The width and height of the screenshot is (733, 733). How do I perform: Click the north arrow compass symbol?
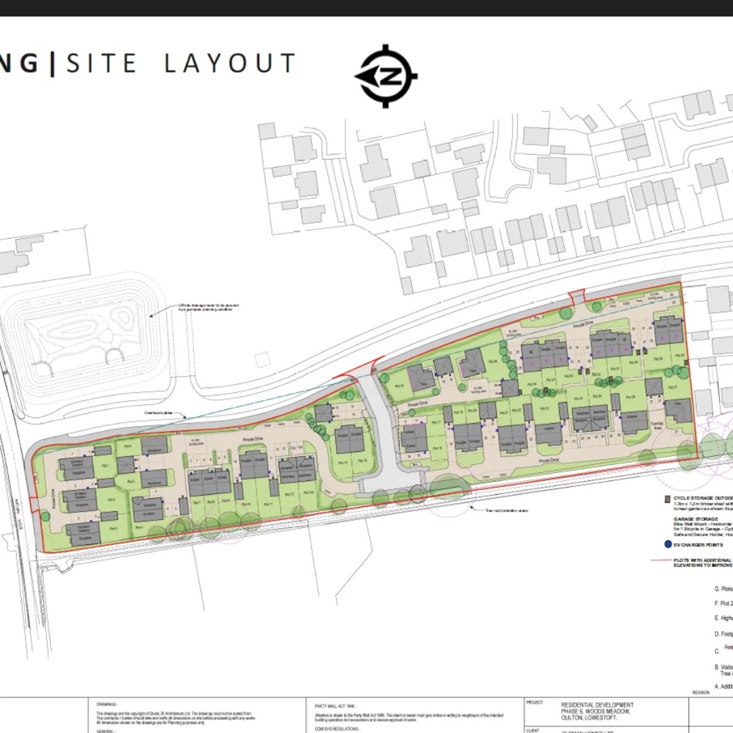coord(386,77)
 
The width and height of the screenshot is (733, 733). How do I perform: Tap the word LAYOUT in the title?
coord(230,64)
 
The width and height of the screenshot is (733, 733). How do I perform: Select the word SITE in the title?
coord(102,64)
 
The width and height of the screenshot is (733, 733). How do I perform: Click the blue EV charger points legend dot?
coord(668,544)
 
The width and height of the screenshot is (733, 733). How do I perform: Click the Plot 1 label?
coord(105,466)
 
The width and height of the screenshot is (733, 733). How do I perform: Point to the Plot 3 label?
coord(113,527)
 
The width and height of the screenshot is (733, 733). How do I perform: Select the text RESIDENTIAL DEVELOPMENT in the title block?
coord(597,705)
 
